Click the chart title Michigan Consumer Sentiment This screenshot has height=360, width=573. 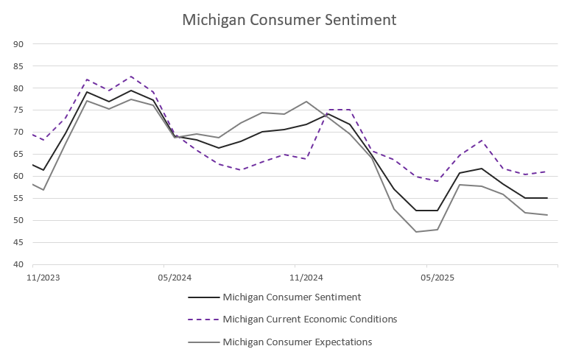[x=289, y=20]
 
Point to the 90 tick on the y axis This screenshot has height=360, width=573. [x=19, y=44]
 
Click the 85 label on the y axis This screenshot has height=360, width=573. [x=19, y=66]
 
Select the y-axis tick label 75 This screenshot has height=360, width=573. [x=19, y=110]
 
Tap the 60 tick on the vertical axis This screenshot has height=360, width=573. [x=19, y=177]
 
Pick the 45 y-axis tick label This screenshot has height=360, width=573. [x=19, y=243]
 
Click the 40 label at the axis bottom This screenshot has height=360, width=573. [x=19, y=265]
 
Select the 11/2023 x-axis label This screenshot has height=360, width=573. [x=43, y=278]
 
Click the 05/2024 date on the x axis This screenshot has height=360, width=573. [x=175, y=278]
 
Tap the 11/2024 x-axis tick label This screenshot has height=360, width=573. [x=306, y=278]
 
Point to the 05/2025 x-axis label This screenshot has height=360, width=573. [x=437, y=278]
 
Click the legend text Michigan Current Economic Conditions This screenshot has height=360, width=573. [x=309, y=320]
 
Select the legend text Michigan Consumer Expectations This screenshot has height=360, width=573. [x=297, y=342]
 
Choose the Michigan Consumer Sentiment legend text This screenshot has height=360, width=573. [x=292, y=297]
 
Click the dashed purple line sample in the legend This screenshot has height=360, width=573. [x=204, y=320]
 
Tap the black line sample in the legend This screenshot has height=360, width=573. [x=204, y=297]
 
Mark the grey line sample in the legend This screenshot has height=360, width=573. [x=204, y=342]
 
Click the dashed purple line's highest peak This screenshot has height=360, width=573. [x=131, y=77]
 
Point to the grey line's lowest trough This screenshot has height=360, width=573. [x=416, y=232]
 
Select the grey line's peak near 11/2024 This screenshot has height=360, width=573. [x=306, y=102]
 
